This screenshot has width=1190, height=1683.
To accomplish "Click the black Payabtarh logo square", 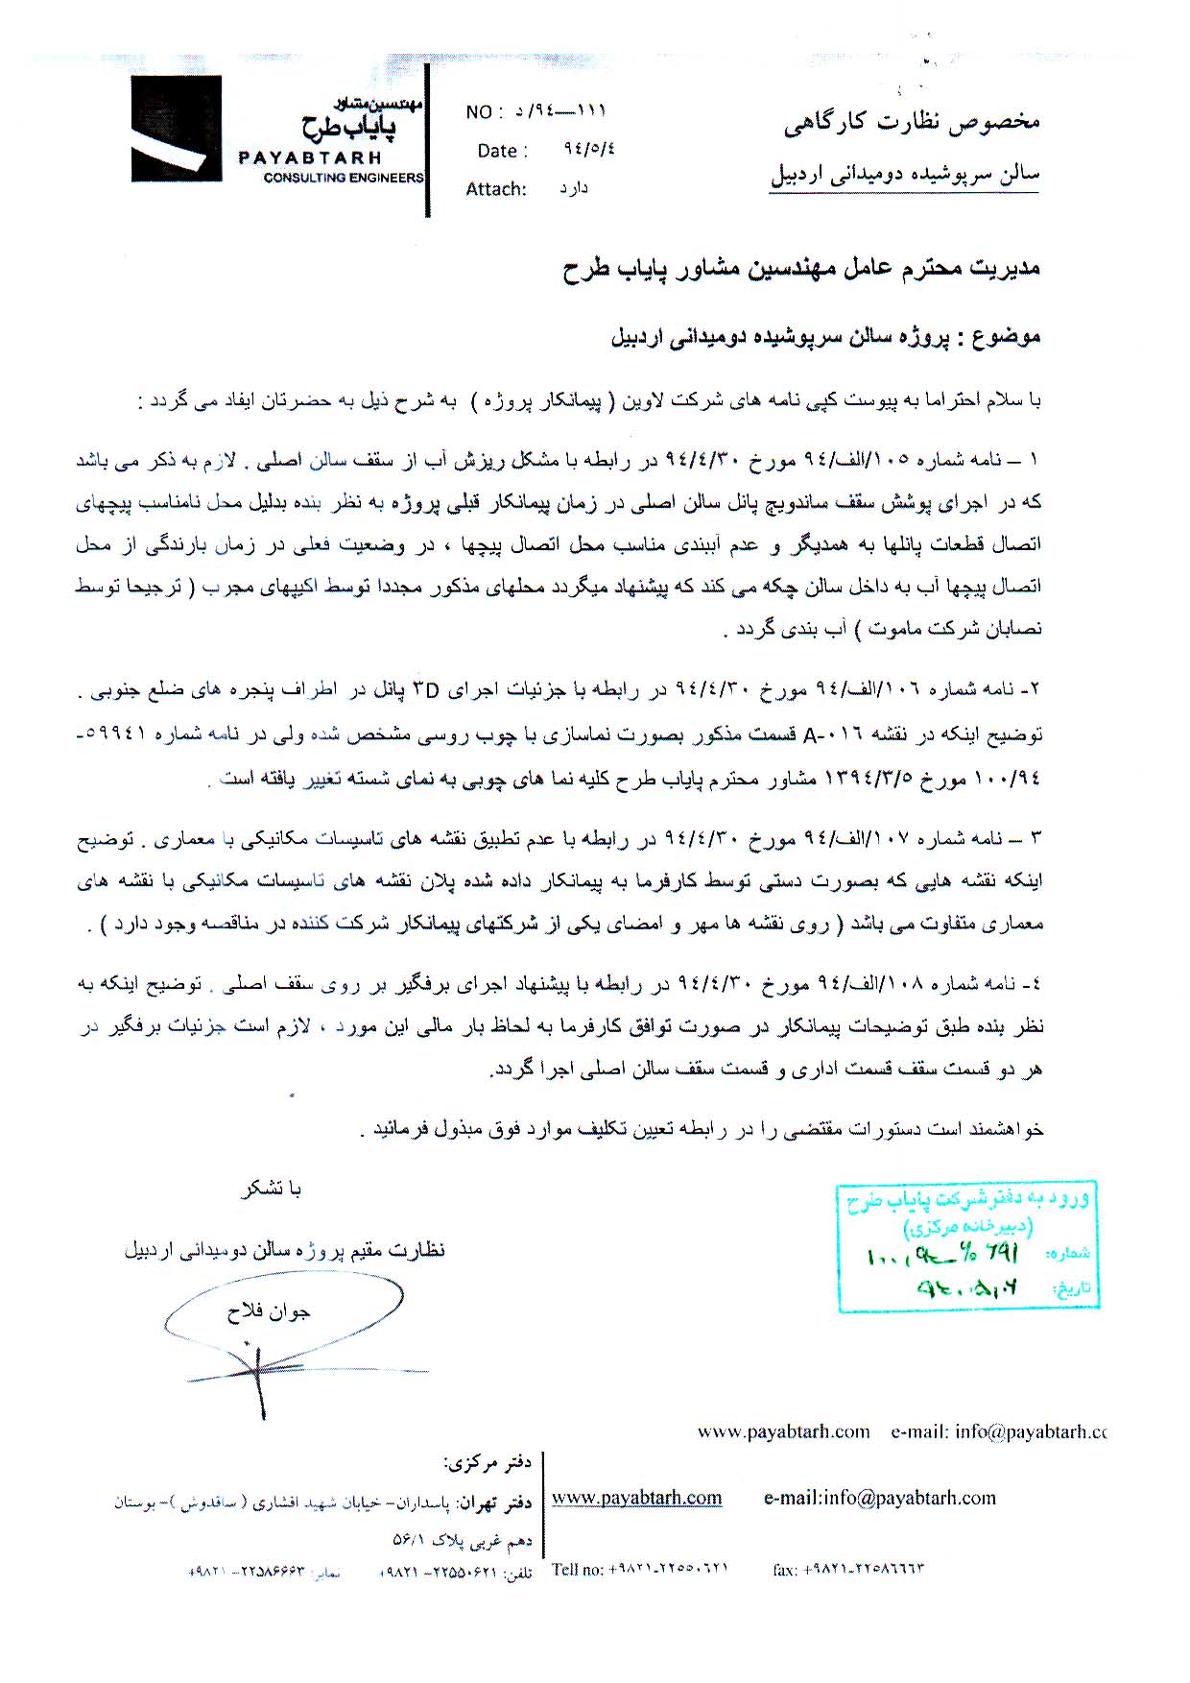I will tap(178, 129).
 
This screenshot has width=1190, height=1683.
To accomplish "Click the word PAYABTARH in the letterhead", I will tap(310, 157).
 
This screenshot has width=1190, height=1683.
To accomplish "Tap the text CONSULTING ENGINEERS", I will tap(343, 178).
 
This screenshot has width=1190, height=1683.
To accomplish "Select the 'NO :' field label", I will tap(485, 112).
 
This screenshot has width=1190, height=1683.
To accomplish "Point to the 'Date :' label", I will tap(502, 151).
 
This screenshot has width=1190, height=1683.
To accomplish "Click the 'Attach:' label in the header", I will tap(496, 189).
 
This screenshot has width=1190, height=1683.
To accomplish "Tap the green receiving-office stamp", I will tap(966, 1245).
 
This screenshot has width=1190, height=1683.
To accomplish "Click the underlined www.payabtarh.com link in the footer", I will tap(636, 1498).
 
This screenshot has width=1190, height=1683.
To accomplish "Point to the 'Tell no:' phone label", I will tap(576, 1570).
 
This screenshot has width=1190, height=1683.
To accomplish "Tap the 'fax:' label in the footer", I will tap(785, 1571).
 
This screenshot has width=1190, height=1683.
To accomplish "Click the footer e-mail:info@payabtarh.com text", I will tap(879, 1498).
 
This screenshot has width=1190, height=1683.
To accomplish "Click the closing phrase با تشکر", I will tap(272, 1190).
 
